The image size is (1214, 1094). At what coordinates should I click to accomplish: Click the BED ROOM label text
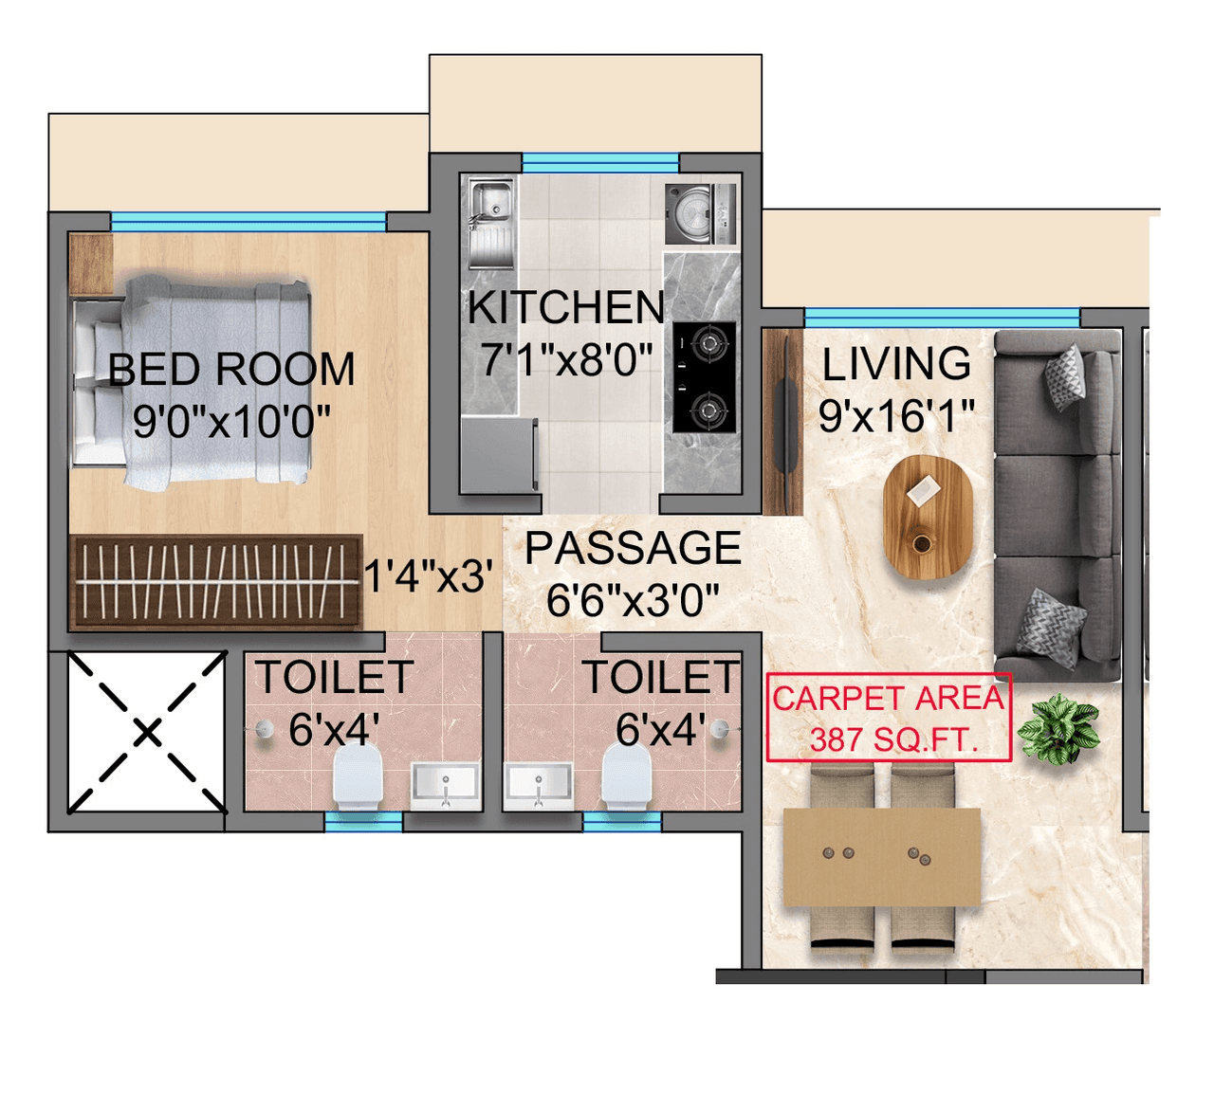pyautogui.click(x=231, y=370)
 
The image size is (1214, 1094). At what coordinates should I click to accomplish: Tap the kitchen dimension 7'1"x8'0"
pyautogui.click(x=566, y=360)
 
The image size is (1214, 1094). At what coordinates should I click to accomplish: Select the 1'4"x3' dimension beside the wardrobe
pyautogui.click(x=429, y=576)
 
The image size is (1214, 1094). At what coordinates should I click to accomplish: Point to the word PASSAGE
pyautogui.click(x=633, y=549)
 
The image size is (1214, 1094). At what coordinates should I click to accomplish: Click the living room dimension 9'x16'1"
pyautogui.click(x=896, y=415)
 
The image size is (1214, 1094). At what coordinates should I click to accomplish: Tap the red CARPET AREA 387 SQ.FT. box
pyautogui.click(x=889, y=718)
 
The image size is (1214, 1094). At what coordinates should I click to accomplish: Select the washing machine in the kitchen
pyautogui.click(x=700, y=214)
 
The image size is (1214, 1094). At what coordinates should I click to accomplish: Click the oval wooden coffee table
pyautogui.click(x=928, y=517)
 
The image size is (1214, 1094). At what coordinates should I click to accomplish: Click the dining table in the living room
pyautogui.click(x=881, y=857)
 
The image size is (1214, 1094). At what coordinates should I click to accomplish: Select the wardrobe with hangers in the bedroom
pyautogui.click(x=215, y=582)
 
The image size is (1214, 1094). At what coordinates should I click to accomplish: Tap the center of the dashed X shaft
pyautogui.click(x=147, y=732)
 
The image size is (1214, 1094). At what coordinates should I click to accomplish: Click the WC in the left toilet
pyautogui.click(x=358, y=776)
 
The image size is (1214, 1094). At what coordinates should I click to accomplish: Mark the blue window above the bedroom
pyautogui.click(x=248, y=222)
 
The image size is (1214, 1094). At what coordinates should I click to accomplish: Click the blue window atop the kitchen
pyautogui.click(x=600, y=163)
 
